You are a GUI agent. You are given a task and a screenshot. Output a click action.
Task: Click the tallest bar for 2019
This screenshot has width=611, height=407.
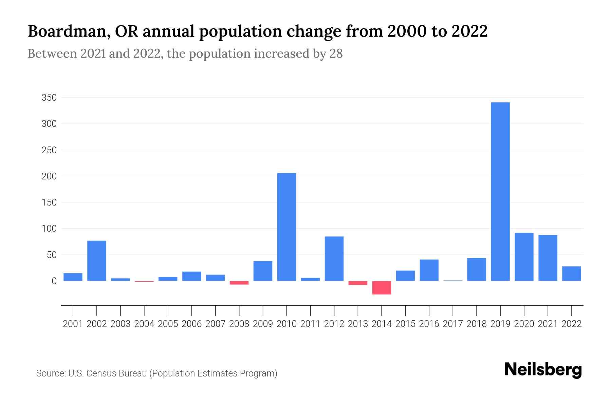click(x=500, y=192)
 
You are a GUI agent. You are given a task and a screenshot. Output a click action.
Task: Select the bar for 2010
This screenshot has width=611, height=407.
click(x=286, y=227)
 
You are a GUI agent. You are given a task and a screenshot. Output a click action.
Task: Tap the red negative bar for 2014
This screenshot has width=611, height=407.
click(x=382, y=288)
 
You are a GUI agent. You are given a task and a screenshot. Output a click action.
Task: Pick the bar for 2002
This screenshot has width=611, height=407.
click(x=97, y=261)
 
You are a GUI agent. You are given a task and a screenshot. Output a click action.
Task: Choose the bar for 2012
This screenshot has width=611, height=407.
click(x=334, y=259)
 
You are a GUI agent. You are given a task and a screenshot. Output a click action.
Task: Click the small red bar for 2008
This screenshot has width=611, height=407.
click(x=239, y=283)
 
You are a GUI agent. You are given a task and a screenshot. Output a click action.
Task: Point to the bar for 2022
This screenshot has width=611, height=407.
click(x=572, y=274)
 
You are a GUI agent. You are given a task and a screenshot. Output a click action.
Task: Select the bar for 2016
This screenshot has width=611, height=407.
click(x=429, y=270)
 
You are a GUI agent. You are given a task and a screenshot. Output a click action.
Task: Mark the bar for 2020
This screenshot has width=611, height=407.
click(x=524, y=257)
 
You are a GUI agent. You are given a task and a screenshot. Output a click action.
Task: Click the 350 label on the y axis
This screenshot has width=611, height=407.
click(x=49, y=98)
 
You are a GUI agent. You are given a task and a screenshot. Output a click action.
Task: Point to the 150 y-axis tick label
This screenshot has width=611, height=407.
click(x=49, y=203)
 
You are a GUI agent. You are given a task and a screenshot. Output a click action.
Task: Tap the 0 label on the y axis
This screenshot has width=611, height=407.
click(x=54, y=281)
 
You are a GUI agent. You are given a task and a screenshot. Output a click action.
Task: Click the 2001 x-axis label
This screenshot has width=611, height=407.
click(x=73, y=324)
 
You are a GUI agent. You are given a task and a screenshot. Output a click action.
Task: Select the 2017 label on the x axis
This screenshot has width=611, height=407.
click(x=453, y=324)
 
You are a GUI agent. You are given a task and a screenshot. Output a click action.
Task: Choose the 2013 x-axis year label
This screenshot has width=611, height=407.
click(x=358, y=324)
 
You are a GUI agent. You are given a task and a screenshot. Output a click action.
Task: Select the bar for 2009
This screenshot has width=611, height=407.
click(x=263, y=271)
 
